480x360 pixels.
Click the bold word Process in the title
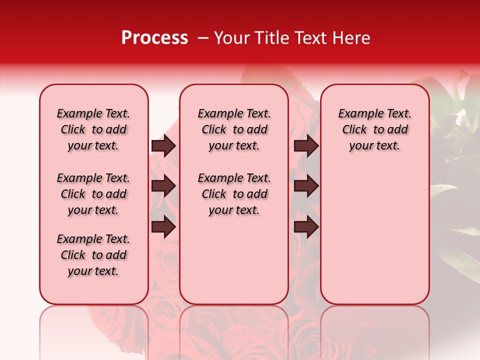[x=154, y=38]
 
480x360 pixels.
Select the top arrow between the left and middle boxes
[x=163, y=145]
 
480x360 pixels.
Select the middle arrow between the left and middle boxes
[x=163, y=186]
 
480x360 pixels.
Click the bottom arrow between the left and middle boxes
[x=163, y=227]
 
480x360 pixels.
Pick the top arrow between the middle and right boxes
[x=306, y=145]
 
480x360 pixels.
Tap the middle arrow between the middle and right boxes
[x=306, y=186]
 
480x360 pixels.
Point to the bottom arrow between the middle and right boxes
[x=306, y=227]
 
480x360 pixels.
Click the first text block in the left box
[x=93, y=129]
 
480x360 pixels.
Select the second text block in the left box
[x=93, y=194]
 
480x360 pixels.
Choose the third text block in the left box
[x=93, y=255]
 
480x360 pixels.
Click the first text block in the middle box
[x=234, y=129]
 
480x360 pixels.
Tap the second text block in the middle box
[x=234, y=194]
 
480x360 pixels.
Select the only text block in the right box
[x=374, y=129]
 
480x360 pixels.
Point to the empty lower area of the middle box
[x=234, y=260]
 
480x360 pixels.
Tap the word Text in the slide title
[x=308, y=38]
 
